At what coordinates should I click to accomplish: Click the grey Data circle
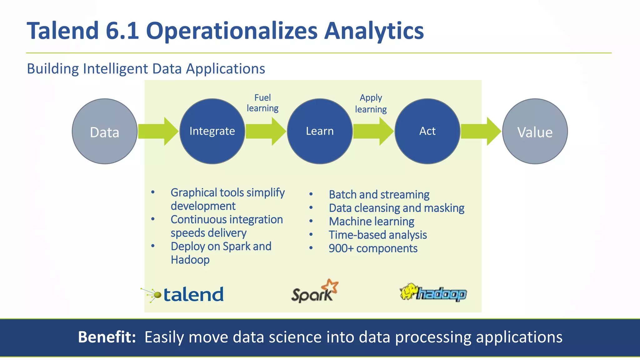pos(104,132)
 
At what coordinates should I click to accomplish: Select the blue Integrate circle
pos(212,131)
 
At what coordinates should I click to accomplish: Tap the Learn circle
pos(320,131)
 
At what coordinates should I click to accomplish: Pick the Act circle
pos(427,131)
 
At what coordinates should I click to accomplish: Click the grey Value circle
pos(535,132)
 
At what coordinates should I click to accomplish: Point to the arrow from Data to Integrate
pos(158,131)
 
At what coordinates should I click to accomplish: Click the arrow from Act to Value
pos(481,131)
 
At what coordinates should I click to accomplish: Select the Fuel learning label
pos(262,103)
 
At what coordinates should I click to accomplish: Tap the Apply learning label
pos(371,103)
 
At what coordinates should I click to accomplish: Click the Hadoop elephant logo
pos(433,292)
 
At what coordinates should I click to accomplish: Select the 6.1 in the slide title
pos(122,31)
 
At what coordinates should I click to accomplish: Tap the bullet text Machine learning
pos(372,222)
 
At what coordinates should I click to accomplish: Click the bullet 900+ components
pos(373,248)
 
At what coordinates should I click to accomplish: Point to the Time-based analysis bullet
pos(377,235)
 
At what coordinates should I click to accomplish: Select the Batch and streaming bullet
pos(379,195)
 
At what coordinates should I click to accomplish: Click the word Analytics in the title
pos(374,31)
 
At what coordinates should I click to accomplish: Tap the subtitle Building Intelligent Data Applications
pos(146,69)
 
